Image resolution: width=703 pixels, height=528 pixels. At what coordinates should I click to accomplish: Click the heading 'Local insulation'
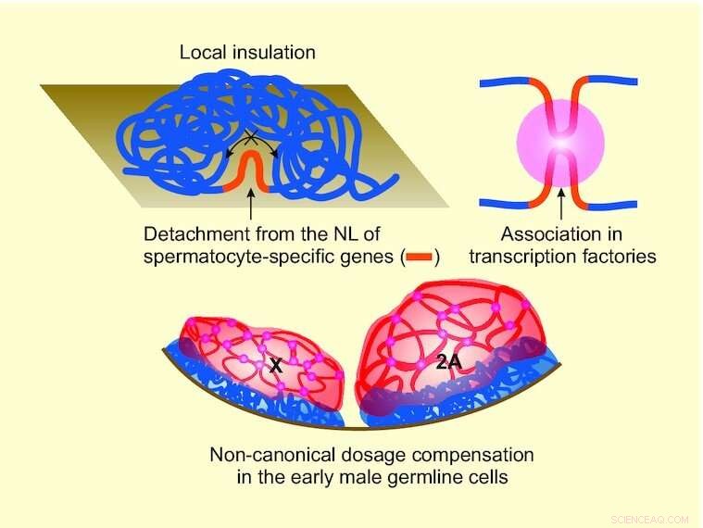pyautogui.click(x=247, y=53)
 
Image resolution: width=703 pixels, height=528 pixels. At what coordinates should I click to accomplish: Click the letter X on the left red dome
pyautogui.click(x=275, y=367)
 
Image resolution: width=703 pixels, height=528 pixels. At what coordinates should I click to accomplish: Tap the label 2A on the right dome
pyautogui.click(x=448, y=363)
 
